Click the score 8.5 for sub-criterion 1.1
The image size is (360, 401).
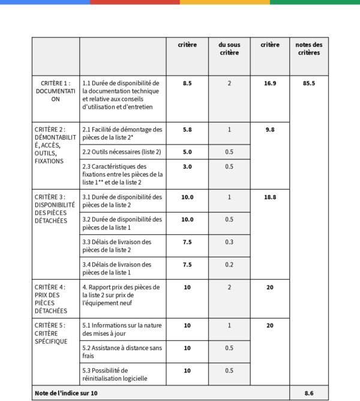point(187,83)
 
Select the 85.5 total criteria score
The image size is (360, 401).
point(309,83)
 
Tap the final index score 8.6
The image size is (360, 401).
point(309,393)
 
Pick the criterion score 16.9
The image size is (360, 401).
point(270,83)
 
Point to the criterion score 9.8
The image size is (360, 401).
point(270,129)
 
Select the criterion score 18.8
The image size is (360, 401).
point(270,197)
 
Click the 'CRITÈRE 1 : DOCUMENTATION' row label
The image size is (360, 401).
point(55,91)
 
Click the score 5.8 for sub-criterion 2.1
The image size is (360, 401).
point(187,129)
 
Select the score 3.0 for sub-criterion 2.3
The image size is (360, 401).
point(187,166)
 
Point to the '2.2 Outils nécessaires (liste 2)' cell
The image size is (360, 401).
point(122,152)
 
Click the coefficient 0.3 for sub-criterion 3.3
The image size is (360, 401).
point(229,242)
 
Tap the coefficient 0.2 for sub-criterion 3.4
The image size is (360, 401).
point(229,264)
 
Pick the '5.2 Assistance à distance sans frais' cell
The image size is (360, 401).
point(122,352)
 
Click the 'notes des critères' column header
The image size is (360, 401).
point(309,49)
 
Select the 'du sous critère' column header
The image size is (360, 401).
point(229,49)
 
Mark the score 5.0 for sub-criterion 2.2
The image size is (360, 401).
point(187,152)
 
